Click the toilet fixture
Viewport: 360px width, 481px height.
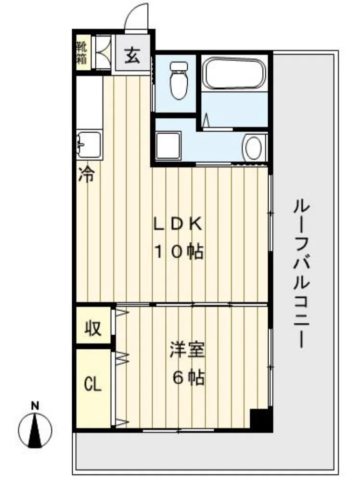point(179,80)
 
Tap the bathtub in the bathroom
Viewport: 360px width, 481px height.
point(234,74)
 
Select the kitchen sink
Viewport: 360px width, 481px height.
point(90,144)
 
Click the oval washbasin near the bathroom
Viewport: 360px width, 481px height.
point(254,148)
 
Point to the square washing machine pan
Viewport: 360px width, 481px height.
point(167,146)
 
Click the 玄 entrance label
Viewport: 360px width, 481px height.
point(132,56)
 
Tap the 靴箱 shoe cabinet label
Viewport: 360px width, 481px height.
point(82,53)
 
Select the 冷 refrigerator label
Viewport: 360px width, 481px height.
point(86,175)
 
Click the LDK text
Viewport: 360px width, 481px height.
point(178,225)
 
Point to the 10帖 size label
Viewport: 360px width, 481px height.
point(179,253)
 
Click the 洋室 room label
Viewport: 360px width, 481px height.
point(187,350)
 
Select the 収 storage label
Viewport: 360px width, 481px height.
point(93,328)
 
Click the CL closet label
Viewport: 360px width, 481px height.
point(93,384)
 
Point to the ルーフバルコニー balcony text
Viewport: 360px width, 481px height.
point(302,274)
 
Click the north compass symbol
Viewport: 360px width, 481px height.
point(35,430)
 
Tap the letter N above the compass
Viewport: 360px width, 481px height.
point(35,405)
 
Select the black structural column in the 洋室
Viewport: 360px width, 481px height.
point(260,420)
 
